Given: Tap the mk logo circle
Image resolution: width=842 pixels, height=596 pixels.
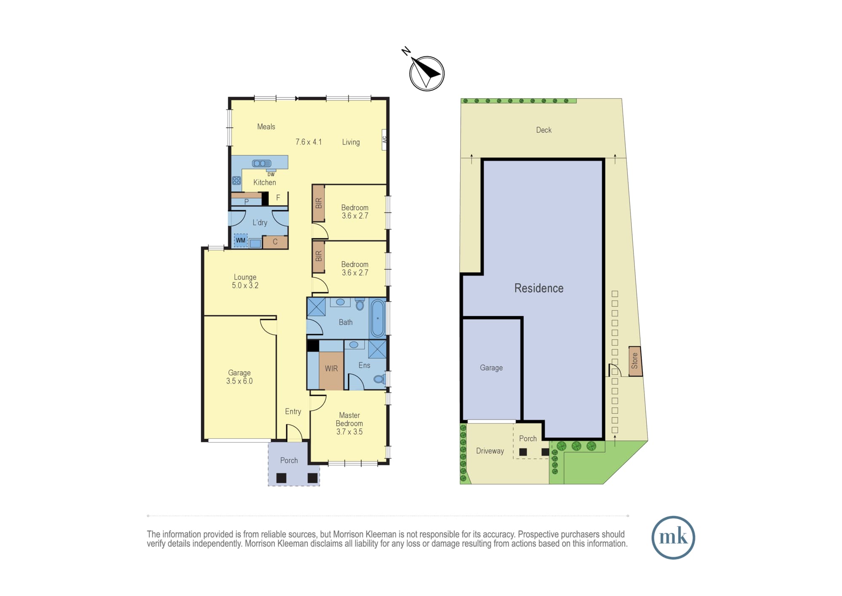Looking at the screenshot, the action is pyautogui.click(x=673, y=537).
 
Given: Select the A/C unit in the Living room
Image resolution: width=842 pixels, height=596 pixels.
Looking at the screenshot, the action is pyautogui.click(x=384, y=140).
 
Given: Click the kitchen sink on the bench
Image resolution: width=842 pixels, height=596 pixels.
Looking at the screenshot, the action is pyautogui.click(x=261, y=164).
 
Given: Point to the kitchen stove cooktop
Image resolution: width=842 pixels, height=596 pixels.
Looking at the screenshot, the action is pyautogui.click(x=237, y=181).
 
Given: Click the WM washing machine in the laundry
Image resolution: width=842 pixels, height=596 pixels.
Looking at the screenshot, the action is pyautogui.click(x=240, y=240).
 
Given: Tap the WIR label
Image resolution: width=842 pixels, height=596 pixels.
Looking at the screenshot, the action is pyautogui.click(x=331, y=368).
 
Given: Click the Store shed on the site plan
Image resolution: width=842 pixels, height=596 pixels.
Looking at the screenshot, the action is pyautogui.click(x=635, y=361).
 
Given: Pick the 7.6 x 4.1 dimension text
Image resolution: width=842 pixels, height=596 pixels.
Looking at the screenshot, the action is pyautogui.click(x=309, y=142).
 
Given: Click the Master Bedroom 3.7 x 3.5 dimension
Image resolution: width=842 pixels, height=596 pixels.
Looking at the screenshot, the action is pyautogui.click(x=349, y=432).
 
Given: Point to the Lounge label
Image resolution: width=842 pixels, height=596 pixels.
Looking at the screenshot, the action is pyautogui.click(x=245, y=277).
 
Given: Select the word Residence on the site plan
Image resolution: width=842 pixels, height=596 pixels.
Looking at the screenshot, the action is pyautogui.click(x=539, y=288).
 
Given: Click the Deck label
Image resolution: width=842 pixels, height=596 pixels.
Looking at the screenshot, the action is pyautogui.click(x=544, y=130).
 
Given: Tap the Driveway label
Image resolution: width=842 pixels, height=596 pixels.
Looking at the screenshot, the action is pyautogui.click(x=490, y=451).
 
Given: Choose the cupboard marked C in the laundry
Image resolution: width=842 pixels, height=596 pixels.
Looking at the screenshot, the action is pyautogui.click(x=275, y=242).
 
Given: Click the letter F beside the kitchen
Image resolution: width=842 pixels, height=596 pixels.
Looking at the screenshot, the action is pyautogui.click(x=278, y=198).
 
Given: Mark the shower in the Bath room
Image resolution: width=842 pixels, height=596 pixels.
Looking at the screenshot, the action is pyautogui.click(x=316, y=307).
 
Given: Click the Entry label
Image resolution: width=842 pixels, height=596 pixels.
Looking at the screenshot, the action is pyautogui.click(x=293, y=412).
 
